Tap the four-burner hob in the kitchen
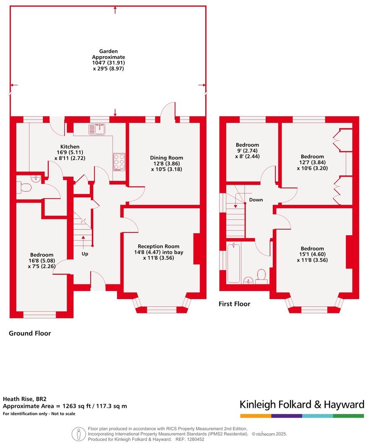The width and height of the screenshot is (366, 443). (x=119, y=162)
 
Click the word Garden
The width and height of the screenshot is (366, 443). (x=109, y=51)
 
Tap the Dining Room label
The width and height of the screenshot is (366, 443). (x=167, y=158)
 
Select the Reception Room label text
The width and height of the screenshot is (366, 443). (x=159, y=246)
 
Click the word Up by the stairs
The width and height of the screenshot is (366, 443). (x=85, y=253)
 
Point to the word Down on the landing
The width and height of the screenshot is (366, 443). (x=256, y=200)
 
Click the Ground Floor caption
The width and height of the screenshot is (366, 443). (x=30, y=334)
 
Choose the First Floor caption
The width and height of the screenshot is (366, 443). (x=234, y=304)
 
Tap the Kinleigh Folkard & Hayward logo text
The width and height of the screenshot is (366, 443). (x=301, y=404)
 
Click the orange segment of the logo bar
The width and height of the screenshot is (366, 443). (x=256, y=416)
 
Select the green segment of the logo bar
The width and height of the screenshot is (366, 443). (x=348, y=416)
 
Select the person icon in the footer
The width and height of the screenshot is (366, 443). (x=77, y=433)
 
